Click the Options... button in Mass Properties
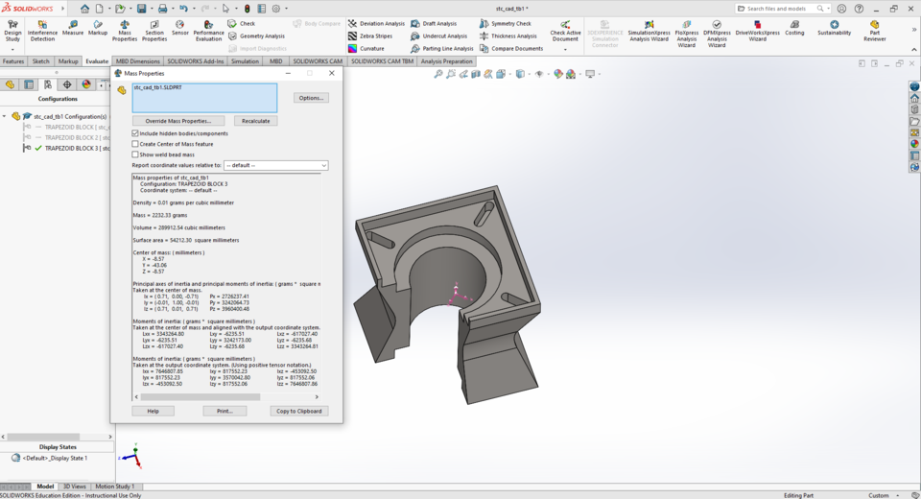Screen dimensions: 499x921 point(310,98)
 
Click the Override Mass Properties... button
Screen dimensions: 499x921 point(178,121)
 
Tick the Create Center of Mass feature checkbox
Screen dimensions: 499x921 point(135,144)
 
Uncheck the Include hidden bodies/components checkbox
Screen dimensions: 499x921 point(135,133)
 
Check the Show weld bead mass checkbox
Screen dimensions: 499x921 point(135,154)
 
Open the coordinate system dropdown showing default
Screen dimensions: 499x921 point(276,165)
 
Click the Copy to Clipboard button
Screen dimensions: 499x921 point(298,411)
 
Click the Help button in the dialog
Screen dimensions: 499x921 point(153,411)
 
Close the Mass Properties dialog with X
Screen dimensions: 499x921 point(332,73)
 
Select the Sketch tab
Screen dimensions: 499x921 point(40,61)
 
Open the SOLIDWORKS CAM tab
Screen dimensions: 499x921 point(318,61)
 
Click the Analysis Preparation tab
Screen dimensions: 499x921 point(446,61)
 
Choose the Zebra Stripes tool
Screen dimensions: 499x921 point(375,36)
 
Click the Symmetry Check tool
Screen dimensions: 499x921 point(510,23)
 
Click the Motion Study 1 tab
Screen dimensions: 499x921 point(114,487)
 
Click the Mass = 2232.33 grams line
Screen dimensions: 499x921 point(160,215)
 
